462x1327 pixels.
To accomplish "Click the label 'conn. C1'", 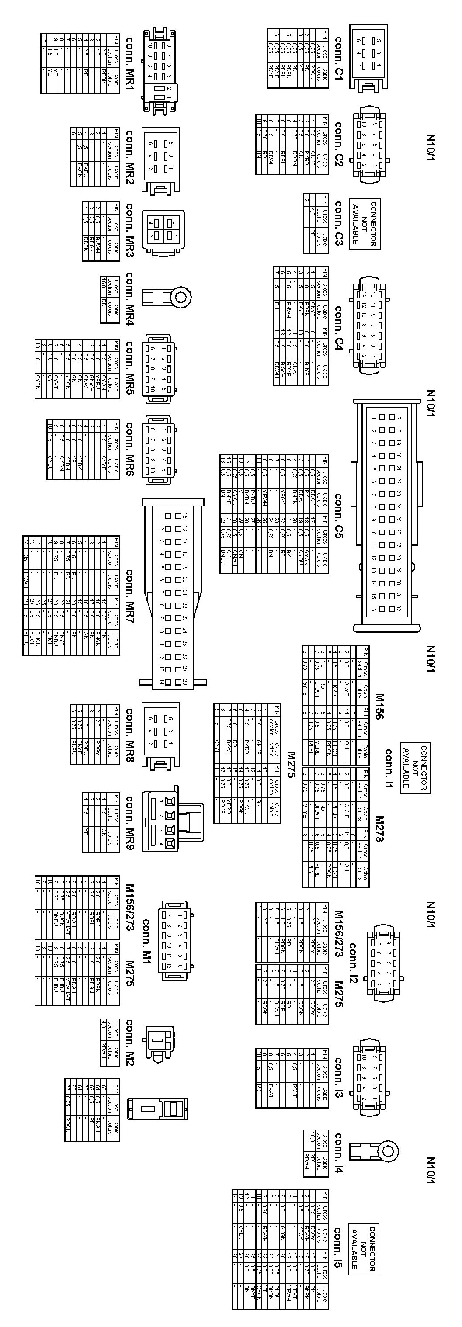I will [338, 58].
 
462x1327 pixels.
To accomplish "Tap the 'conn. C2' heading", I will [338, 145].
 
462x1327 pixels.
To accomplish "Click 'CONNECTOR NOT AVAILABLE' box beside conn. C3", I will [365, 224].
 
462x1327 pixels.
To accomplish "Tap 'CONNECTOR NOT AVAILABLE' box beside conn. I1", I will [415, 768].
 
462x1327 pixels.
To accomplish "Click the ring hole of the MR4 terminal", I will [180, 297].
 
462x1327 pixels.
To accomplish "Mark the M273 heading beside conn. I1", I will [379, 829].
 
